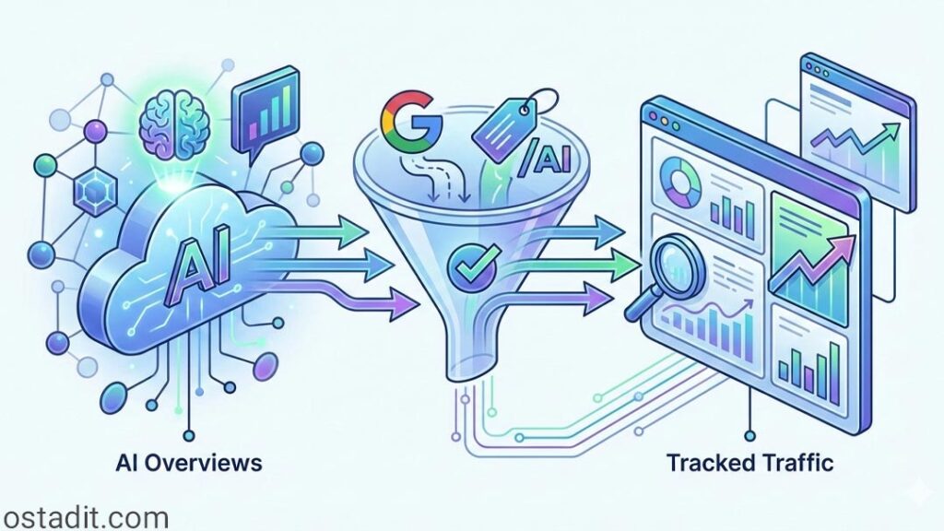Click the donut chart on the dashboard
pyautogui.click(x=680, y=183)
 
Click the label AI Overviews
pyautogui.click(x=189, y=461)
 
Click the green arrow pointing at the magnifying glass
pyautogui.click(x=590, y=266)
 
